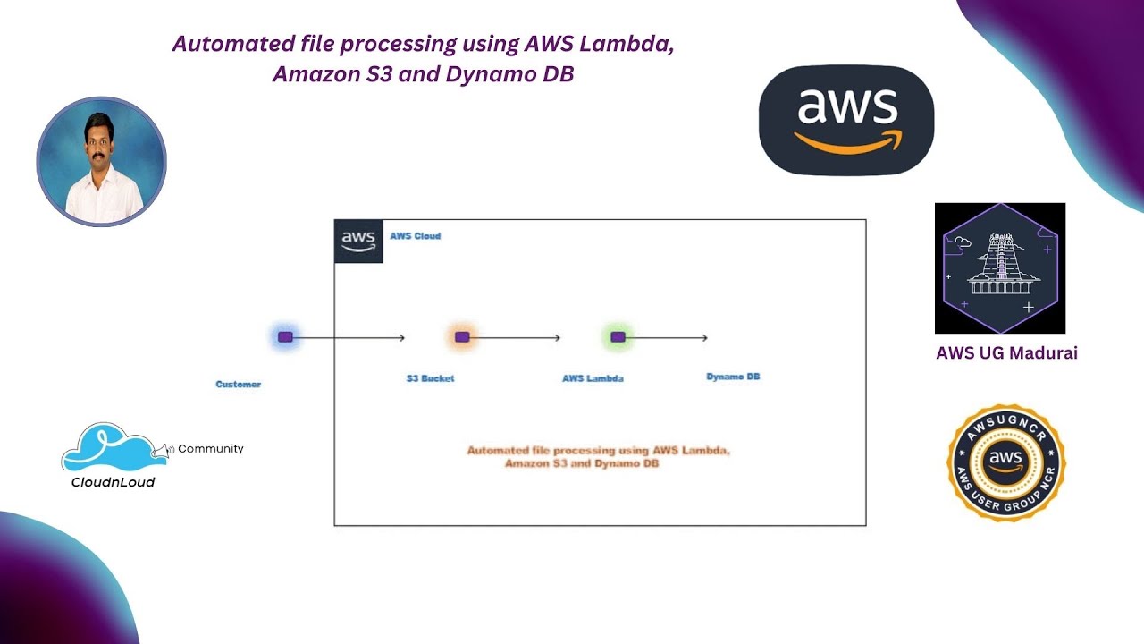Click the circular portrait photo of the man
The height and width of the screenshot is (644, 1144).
pos(101,162)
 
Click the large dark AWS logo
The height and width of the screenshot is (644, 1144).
pos(845,120)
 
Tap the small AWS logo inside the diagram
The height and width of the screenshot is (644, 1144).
pos(358,241)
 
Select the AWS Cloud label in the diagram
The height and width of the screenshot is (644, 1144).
pos(415,236)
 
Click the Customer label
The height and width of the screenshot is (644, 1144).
pos(239,385)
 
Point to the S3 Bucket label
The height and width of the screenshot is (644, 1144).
pos(430,378)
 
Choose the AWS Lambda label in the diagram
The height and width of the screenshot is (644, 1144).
pos(593,378)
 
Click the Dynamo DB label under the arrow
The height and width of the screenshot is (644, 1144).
pos(733,377)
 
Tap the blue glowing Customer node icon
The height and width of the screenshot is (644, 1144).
pos(285,337)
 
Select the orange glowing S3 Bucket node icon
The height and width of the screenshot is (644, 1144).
pos(462,337)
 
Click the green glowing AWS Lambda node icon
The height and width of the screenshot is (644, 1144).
pos(617,337)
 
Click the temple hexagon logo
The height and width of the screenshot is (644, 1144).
pos(1000,267)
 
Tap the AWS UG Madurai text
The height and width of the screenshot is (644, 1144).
pos(1006,353)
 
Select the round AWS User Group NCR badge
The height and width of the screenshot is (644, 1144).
pos(1005,462)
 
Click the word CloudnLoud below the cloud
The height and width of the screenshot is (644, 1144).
pos(113,482)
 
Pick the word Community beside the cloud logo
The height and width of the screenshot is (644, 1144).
pos(210,449)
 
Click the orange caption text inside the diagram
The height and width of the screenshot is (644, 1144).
pos(598,457)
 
